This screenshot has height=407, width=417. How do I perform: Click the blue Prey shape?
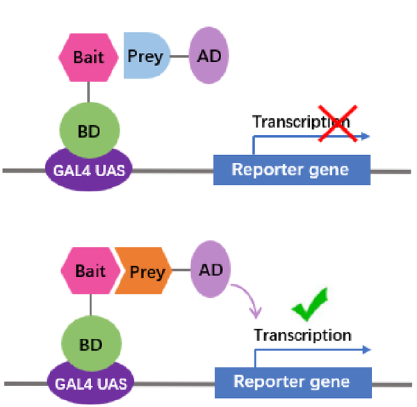(147, 56)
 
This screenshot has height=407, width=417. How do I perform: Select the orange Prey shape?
(144, 271)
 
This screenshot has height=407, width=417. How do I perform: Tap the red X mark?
(338, 124)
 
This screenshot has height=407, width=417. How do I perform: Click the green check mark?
(310, 304)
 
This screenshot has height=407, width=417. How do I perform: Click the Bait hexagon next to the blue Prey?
(88, 58)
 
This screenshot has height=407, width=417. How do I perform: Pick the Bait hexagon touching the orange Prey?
(90, 271)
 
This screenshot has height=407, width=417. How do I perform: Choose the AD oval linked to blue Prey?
(208, 56)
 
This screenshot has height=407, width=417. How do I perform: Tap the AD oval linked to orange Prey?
(211, 269)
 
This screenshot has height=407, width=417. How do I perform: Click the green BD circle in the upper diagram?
(90, 130)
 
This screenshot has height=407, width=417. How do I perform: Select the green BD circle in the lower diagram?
(92, 344)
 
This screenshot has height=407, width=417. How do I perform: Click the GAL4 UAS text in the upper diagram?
(89, 170)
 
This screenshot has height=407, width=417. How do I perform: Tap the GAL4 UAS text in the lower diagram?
(91, 384)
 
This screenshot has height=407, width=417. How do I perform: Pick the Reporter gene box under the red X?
(292, 170)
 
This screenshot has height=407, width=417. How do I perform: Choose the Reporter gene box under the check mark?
(293, 383)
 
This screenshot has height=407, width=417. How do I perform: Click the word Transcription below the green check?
(302, 335)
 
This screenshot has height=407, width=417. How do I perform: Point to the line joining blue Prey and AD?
(179, 56)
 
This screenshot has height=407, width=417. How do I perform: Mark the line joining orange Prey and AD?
(181, 270)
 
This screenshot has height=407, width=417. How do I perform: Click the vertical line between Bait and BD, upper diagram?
(88, 92)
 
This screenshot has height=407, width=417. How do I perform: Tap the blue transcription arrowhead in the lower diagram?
(367, 350)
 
